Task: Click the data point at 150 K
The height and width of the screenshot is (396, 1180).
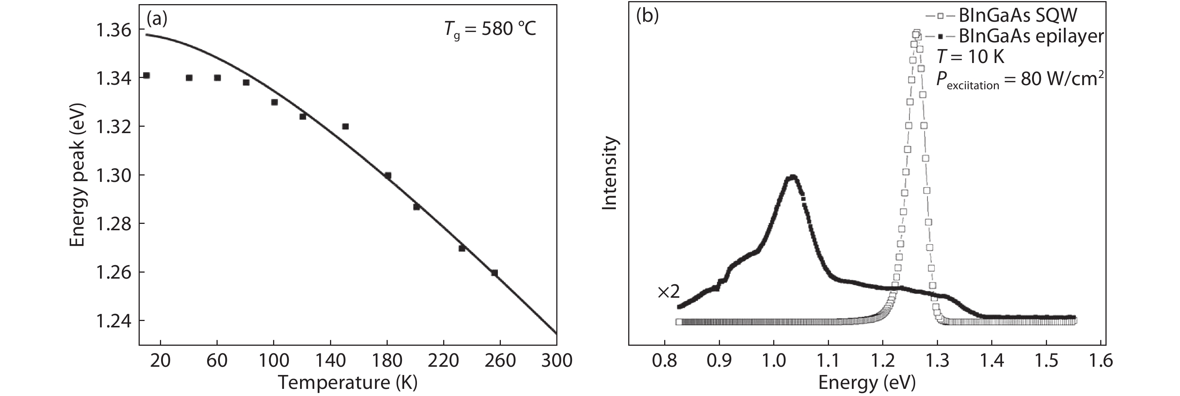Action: tap(345, 126)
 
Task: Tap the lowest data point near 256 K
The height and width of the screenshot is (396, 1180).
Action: tap(494, 273)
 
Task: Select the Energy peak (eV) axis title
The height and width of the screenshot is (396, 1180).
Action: tap(78, 175)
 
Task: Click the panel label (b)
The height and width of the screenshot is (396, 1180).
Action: tap(647, 16)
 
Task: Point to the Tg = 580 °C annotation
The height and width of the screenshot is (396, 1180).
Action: tap(490, 30)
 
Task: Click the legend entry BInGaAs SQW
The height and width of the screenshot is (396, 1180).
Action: tap(1017, 16)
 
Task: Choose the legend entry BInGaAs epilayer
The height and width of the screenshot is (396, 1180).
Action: tap(1030, 36)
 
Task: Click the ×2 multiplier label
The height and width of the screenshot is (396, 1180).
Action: tap(668, 292)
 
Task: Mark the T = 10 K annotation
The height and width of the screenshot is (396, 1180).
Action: tap(970, 57)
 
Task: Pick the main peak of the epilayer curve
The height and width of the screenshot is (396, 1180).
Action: tap(792, 177)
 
